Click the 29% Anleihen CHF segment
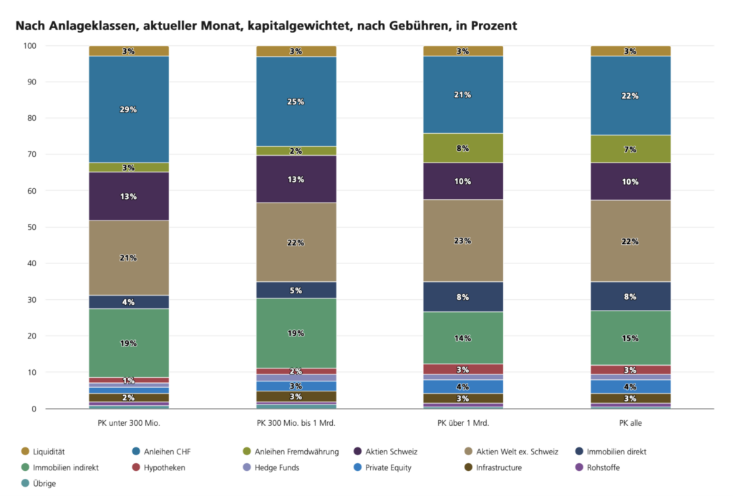(129, 110)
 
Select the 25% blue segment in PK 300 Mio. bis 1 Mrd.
(296, 102)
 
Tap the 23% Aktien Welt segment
(462, 240)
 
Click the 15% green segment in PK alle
(630, 338)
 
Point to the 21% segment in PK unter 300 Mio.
(129, 258)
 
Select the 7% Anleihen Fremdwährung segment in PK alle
(630, 149)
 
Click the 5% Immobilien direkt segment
(296, 290)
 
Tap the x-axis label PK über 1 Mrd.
(463, 423)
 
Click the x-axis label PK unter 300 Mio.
(129, 423)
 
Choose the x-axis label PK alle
(630, 423)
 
